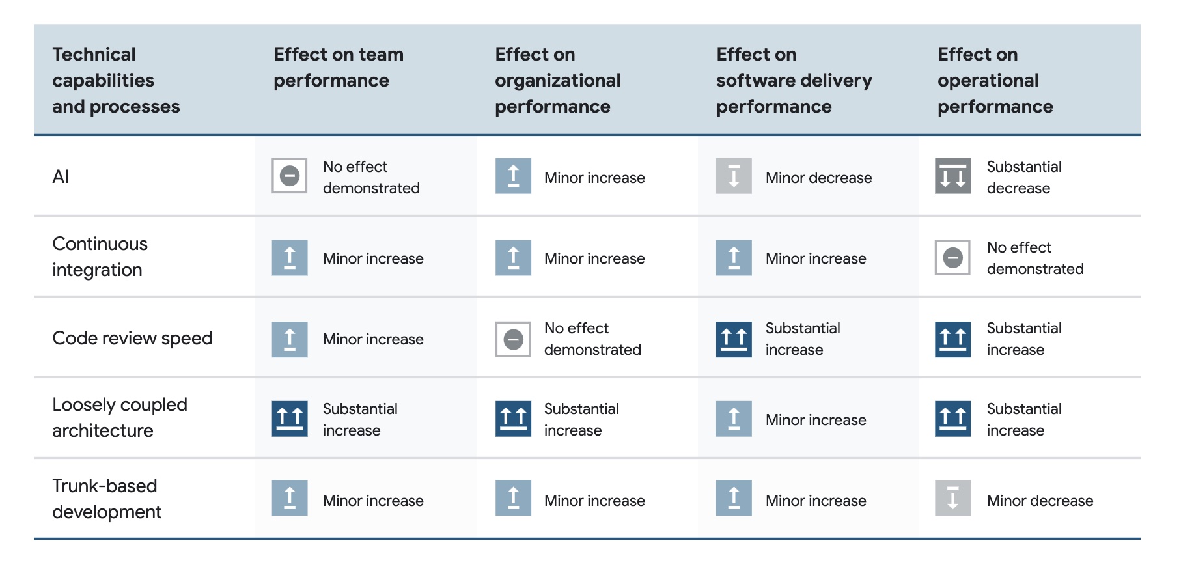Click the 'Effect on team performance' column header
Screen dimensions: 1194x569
coord(339,67)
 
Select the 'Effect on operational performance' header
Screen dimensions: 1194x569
coord(995,80)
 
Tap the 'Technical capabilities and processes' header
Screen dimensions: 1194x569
coord(116,80)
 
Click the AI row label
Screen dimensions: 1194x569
coord(61,176)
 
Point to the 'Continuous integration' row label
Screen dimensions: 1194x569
coord(100,257)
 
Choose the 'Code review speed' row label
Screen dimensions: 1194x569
coord(132,338)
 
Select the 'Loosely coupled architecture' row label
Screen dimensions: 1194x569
coord(120,417)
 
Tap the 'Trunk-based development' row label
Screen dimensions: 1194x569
coord(107,499)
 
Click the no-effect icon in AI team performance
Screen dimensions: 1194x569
coord(290,176)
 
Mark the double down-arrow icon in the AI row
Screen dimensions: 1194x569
coord(953,176)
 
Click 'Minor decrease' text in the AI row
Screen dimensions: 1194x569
coord(818,178)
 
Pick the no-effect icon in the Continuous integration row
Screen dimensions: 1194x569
coord(953,257)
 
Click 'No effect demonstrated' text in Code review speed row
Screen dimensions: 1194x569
coord(592,339)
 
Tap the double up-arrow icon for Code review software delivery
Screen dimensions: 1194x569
coord(734,339)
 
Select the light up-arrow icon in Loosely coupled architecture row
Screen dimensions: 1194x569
coord(734,419)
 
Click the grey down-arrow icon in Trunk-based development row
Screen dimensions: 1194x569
coord(953,498)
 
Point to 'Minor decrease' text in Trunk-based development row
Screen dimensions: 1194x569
coord(1040,501)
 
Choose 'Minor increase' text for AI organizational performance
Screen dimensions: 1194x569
coord(594,178)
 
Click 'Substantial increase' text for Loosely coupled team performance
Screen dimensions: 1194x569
coord(360,419)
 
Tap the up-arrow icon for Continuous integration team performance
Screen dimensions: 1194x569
coord(290,258)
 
